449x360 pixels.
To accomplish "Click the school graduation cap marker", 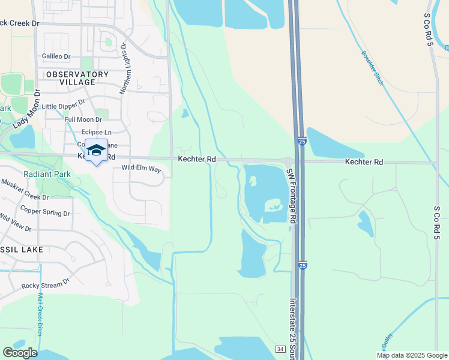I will (x=96, y=151).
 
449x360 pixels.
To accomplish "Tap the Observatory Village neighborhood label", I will (x=77, y=78).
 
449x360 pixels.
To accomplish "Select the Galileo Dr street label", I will (x=56, y=56).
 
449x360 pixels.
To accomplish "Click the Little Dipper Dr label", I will (x=63, y=105).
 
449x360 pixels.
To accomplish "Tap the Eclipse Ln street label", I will (x=96, y=132).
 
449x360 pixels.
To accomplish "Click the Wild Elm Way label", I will (x=142, y=169).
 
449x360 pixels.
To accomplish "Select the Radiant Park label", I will (x=47, y=174).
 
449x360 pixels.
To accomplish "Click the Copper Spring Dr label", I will (x=45, y=211).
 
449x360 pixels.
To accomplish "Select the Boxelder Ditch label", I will (x=372, y=67).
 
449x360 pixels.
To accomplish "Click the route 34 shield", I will (x=280, y=349).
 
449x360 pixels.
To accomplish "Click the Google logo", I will (x=20, y=353).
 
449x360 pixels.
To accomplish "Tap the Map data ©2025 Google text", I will (x=412, y=355).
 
